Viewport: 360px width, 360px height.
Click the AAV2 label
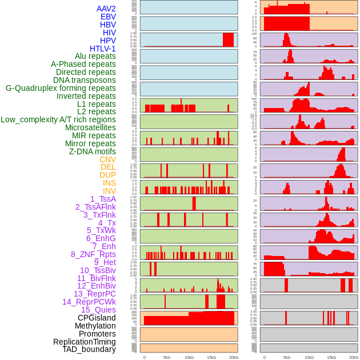(x=106, y=9)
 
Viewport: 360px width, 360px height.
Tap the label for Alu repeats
(x=95, y=56)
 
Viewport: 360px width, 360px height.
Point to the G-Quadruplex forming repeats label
(x=61, y=88)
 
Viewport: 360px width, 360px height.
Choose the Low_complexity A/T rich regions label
(x=58, y=119)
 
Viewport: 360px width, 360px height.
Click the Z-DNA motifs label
(x=93, y=151)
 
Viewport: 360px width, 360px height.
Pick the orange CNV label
(x=107, y=159)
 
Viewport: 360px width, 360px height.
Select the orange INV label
(x=109, y=191)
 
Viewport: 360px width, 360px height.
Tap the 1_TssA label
(x=103, y=199)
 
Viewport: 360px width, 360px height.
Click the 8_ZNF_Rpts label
(x=93, y=254)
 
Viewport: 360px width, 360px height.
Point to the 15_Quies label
(x=98, y=310)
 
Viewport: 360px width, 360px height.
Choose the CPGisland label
(x=97, y=318)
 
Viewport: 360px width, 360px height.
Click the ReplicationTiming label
(x=84, y=342)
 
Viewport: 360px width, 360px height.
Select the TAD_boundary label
(x=89, y=349)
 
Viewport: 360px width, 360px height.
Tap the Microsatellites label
(x=90, y=127)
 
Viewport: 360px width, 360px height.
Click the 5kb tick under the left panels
(x=167, y=357)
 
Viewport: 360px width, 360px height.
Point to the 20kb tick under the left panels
(x=234, y=357)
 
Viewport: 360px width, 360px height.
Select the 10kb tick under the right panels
(x=309, y=357)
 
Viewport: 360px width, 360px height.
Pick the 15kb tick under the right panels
(x=331, y=357)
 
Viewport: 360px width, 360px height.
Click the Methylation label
(x=95, y=326)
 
